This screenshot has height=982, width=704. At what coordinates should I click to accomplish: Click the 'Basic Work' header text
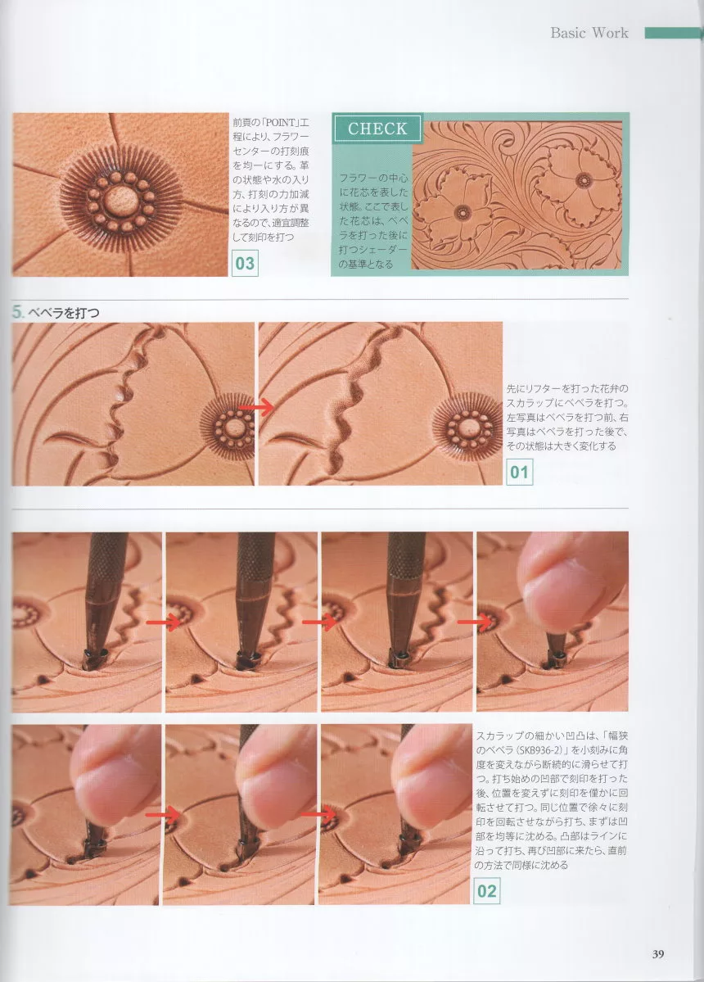pos(589,33)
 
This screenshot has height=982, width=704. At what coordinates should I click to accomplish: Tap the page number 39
pos(657,954)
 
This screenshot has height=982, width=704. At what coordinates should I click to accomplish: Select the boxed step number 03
pos(245,263)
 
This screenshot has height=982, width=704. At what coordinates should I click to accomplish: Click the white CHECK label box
pos(377,129)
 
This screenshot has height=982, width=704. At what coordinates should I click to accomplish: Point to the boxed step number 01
pos(519,472)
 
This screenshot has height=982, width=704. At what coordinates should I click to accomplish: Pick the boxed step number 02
pos(487,891)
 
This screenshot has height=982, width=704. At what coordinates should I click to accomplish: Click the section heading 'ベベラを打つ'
pos(64,313)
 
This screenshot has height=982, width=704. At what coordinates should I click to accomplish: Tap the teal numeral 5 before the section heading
pos(17,312)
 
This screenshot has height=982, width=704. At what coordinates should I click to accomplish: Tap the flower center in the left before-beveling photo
pos(234,428)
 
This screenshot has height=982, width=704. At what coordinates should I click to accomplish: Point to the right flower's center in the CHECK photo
pos(584,180)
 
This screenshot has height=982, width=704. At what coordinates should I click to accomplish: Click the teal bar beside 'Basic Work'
pos(674,33)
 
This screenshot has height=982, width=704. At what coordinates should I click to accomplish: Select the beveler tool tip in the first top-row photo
pos(94,657)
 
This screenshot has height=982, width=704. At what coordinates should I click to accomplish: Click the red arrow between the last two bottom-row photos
pos(318,813)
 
